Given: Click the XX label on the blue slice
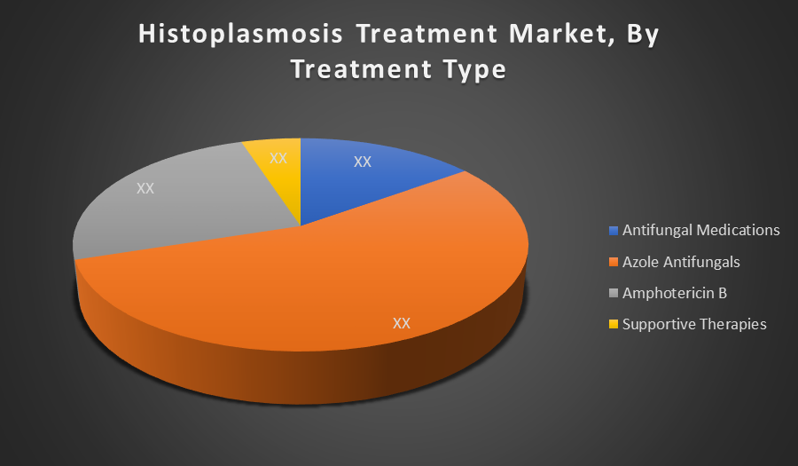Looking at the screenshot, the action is point(363,162).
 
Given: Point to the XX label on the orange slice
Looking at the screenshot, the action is point(402,323).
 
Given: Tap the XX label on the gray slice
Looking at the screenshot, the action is point(145,188).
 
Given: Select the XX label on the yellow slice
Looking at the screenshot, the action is point(278,158).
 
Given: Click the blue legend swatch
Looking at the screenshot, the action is point(614,231).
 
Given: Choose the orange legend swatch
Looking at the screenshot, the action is point(614,262).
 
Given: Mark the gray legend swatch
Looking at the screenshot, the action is point(614,293).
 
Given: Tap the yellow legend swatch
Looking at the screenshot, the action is point(614,324).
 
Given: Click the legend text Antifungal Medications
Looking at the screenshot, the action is point(700,230).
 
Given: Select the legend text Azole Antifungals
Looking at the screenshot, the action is point(681,262).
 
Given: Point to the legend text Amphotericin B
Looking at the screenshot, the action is point(675,293).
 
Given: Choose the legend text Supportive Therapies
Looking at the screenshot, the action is point(694,325).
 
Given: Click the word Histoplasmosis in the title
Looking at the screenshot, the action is point(240,35).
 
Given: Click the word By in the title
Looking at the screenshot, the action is point(643,36).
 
